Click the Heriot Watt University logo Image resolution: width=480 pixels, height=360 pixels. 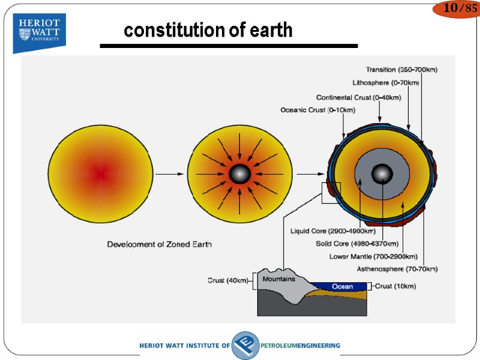coord(40,32)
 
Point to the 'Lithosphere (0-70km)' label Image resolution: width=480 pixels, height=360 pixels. coord(385,82)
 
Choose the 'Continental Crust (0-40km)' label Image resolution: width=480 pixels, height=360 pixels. coord(358,97)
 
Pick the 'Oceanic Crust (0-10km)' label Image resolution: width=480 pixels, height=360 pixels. coord(317,110)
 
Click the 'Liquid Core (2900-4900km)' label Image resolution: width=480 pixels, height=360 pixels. coord(333,231)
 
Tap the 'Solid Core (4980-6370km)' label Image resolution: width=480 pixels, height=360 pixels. coord(357,244)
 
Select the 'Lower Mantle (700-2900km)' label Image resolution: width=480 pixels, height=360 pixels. coord(373,256)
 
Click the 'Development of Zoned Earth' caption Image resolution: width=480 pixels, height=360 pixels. coord(159,244)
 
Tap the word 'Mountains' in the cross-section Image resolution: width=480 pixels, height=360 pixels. coord(279,279)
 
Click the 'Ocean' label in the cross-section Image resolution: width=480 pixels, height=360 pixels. coord(343,287)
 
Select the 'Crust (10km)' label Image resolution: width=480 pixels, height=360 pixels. coord(395,286)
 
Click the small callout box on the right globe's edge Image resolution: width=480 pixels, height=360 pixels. coord(331,192)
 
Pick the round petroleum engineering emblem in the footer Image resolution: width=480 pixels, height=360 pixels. coord(245,346)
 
